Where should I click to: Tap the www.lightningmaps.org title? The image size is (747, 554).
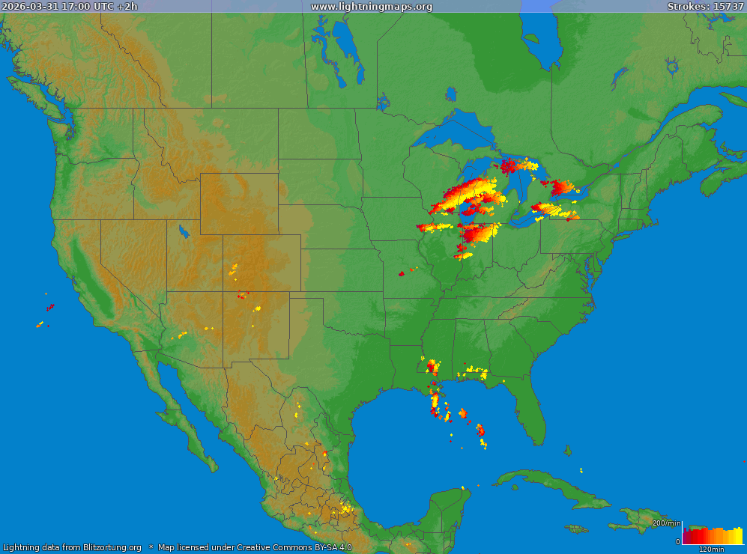point(372,7)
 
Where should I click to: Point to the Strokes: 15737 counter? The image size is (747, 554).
point(705,7)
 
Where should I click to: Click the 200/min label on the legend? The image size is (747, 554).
point(666,523)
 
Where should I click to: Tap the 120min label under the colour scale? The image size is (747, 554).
point(711,550)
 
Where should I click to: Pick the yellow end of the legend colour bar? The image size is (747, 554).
point(737,536)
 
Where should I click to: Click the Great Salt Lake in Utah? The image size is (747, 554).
point(182,231)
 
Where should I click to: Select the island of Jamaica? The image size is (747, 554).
point(576,529)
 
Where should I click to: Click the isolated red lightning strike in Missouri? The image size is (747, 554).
point(402,273)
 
